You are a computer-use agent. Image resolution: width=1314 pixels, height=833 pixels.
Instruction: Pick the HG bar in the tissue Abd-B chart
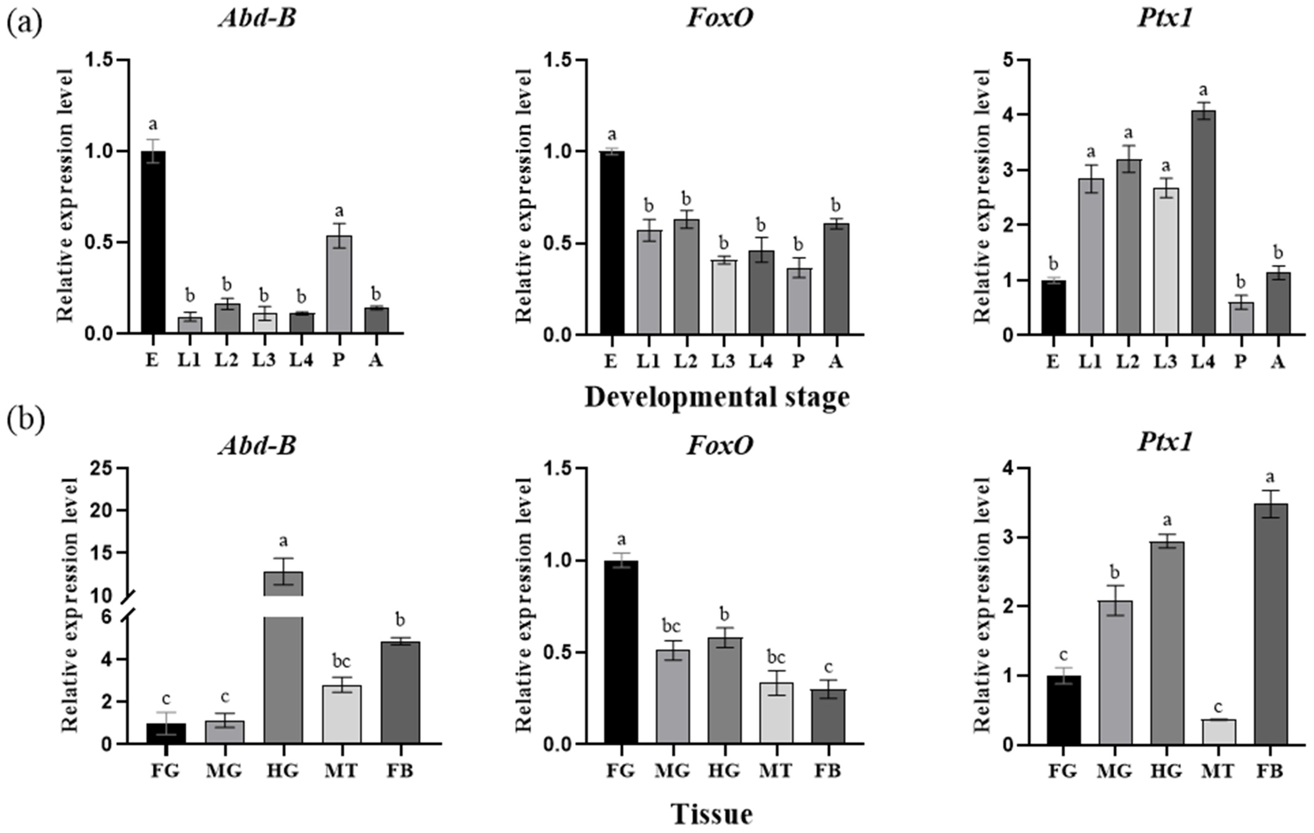click(283, 657)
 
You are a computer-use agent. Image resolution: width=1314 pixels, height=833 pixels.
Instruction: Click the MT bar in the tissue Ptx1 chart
click(1219, 732)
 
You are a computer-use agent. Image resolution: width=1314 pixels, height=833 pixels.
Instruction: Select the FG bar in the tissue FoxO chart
click(621, 652)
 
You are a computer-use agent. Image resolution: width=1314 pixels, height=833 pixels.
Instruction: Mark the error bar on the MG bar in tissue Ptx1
click(1116, 601)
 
